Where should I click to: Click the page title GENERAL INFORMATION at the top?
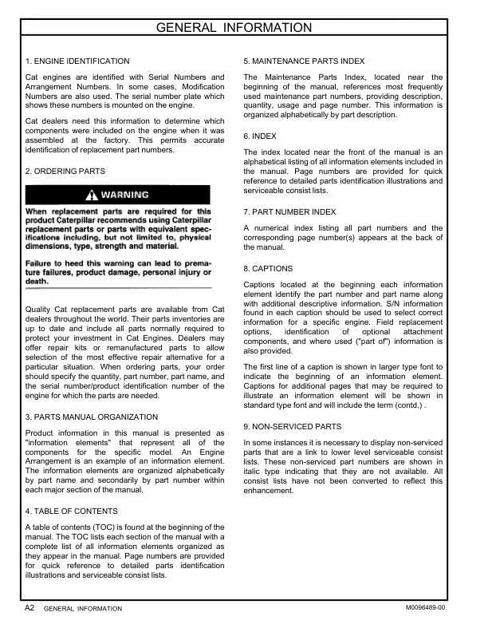pyautogui.click(x=244, y=29)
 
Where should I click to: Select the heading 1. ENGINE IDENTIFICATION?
pyautogui.click(x=77, y=61)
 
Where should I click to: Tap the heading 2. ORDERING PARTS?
pyautogui.click(x=65, y=171)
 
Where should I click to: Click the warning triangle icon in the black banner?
pyautogui.click(x=93, y=195)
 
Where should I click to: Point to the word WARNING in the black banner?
pyautogui.click(x=125, y=195)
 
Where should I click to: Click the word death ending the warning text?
pyautogui.click(x=38, y=282)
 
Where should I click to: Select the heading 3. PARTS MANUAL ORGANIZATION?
pyautogui.click(x=92, y=417)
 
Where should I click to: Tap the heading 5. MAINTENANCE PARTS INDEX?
pyautogui.click(x=304, y=61)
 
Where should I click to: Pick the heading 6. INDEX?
pyautogui.click(x=260, y=136)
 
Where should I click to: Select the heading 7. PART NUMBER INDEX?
pyautogui.click(x=289, y=211)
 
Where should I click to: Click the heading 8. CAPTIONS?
pyautogui.click(x=268, y=268)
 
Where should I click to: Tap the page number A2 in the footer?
pyautogui.click(x=29, y=608)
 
